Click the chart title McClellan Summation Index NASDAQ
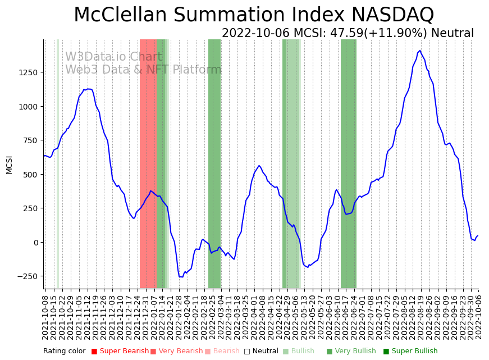[x=254, y=15]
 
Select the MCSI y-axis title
[x=9, y=165]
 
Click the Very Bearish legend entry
[x=177, y=351]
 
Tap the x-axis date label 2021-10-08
[x=45, y=317]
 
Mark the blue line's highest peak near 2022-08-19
[x=419, y=51]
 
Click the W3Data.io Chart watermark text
[x=113, y=57]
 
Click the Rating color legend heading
[x=64, y=351]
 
